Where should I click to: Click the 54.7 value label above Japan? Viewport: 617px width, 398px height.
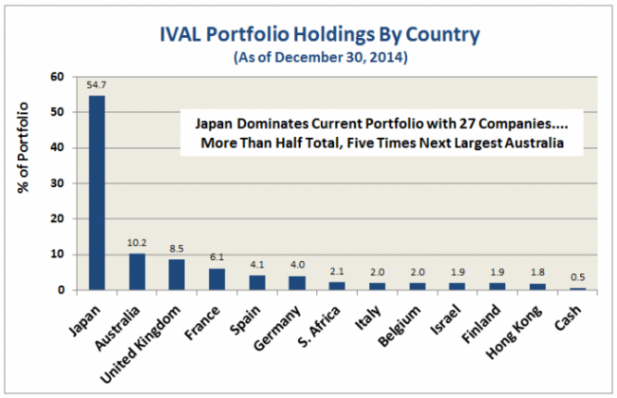click(98, 85)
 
